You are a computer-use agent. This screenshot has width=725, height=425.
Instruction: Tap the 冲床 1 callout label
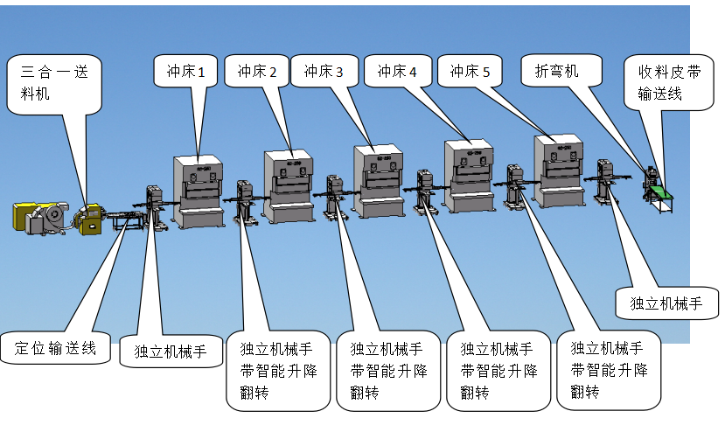click(185, 72)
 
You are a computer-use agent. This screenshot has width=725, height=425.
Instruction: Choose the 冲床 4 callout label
click(397, 72)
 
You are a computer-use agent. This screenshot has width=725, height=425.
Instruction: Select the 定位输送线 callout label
click(55, 348)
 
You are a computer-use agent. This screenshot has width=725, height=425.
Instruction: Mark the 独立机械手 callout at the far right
click(666, 303)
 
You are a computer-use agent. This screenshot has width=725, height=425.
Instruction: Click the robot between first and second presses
click(244, 204)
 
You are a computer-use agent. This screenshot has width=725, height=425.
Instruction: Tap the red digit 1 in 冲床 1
click(201, 73)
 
